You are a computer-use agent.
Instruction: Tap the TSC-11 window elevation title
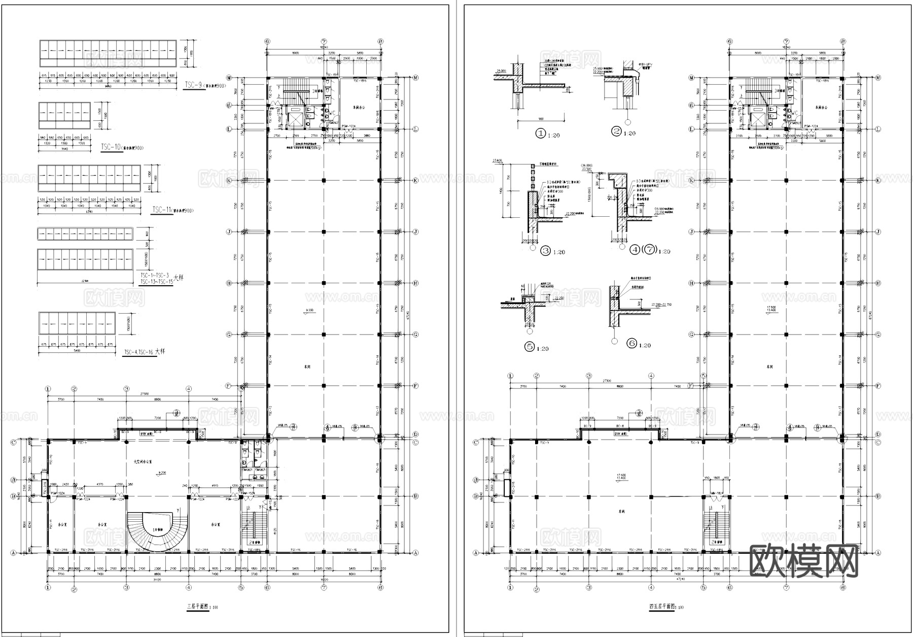[161, 210]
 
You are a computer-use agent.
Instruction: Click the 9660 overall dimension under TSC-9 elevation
[108, 86]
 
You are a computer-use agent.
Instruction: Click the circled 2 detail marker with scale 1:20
[617, 131]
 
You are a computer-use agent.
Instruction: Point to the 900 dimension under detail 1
[541, 119]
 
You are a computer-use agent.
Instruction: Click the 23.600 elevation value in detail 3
[497, 160]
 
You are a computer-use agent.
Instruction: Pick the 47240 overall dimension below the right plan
[676, 579]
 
